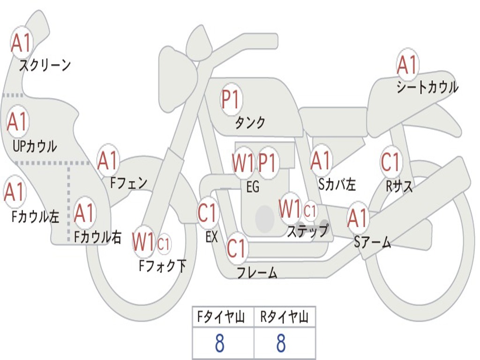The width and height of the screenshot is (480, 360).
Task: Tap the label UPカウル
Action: [x=35, y=146]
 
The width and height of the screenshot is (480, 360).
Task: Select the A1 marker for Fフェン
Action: [x=108, y=161]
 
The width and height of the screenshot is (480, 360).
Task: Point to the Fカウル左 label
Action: [x=36, y=217]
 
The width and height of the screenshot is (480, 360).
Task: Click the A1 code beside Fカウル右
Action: [x=85, y=214]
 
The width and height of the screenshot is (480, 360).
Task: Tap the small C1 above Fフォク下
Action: [x=164, y=243]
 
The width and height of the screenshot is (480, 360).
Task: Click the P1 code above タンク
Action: [x=231, y=99]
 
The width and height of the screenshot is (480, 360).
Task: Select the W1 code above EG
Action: [x=243, y=163]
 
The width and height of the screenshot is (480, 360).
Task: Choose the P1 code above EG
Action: [x=268, y=163]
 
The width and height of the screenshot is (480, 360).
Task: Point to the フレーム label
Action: [x=257, y=272]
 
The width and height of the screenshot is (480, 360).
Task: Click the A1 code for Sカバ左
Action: [x=321, y=161]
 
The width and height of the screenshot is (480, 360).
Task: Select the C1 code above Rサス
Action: [x=390, y=162]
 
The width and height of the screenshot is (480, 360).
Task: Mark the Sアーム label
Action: [x=373, y=242]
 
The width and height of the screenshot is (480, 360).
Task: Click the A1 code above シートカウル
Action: [x=407, y=65]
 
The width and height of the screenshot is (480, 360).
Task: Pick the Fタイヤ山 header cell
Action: [x=223, y=318]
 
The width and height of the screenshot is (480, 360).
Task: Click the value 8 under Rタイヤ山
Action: [x=281, y=344]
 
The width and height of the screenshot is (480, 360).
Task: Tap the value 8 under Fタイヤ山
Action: [x=219, y=344]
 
